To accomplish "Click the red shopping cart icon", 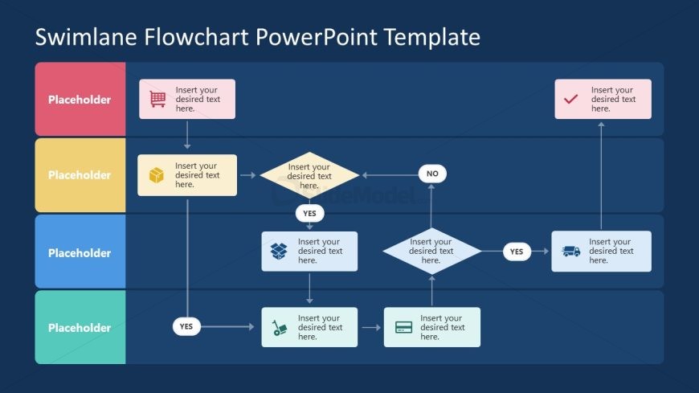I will [x=157, y=99].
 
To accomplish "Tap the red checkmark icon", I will [x=571, y=100].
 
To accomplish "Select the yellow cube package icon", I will [x=157, y=175].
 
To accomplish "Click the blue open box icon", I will [x=279, y=252].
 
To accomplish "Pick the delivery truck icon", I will [x=571, y=252].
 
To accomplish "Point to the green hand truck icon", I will [x=280, y=328].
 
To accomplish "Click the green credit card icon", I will [x=404, y=328].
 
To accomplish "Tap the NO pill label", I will [x=432, y=174].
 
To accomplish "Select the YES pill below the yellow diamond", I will [x=309, y=214].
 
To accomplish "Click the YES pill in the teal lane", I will [x=186, y=326].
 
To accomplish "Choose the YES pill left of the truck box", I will [x=517, y=252].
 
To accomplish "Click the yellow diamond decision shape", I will [x=309, y=175].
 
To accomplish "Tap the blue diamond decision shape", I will [x=431, y=251].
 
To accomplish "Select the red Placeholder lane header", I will [x=80, y=100].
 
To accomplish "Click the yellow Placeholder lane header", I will [x=80, y=175].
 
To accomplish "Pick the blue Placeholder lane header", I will [x=80, y=252].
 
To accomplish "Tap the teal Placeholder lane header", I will [x=80, y=328].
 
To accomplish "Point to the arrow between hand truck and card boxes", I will [x=370, y=328].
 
